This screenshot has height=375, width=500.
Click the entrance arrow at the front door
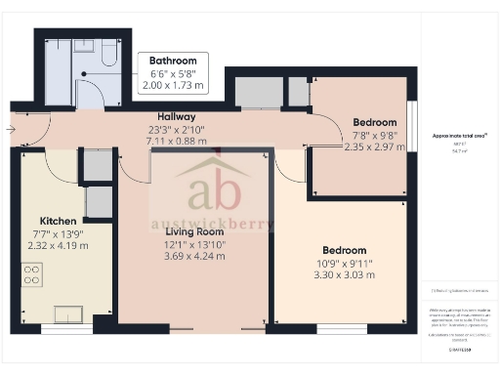pos(10,128)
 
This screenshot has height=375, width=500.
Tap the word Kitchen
pos(58,221)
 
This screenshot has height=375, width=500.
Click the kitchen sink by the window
pos(69,313)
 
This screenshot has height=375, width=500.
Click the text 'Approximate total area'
pos(458,135)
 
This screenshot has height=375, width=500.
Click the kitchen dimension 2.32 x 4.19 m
pos(58,246)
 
